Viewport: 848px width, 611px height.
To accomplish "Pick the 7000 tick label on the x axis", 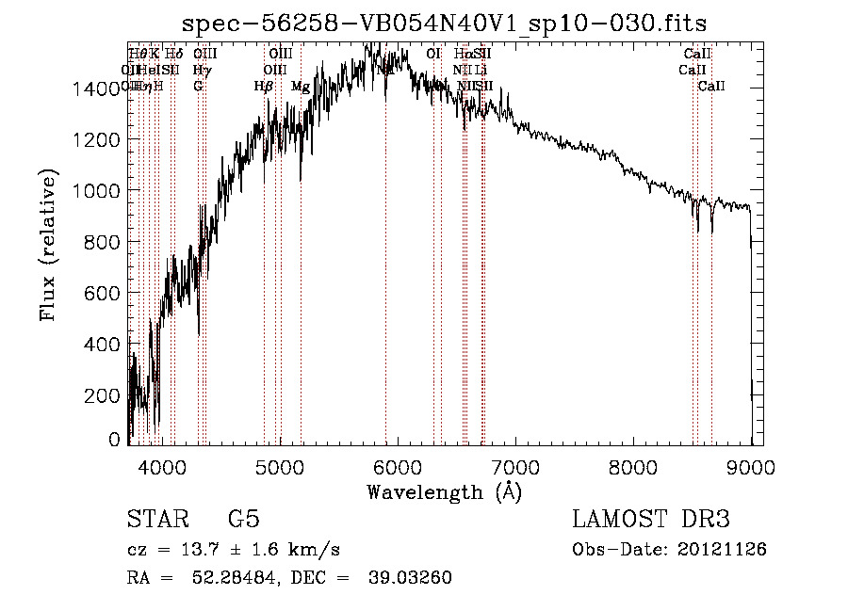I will click(x=515, y=465).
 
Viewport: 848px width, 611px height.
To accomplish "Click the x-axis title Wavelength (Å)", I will click(x=444, y=491).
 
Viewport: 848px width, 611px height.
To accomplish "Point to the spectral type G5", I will click(x=244, y=520).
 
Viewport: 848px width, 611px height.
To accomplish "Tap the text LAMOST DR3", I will click(x=651, y=520).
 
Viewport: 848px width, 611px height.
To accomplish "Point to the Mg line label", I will click(x=300, y=87).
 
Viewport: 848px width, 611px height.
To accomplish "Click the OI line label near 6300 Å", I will click(x=433, y=55).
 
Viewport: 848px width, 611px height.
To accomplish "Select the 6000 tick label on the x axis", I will click(x=398, y=465).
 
